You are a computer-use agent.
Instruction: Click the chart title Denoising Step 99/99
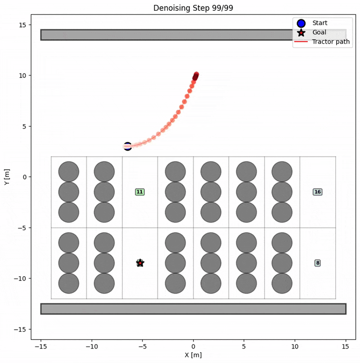point(193,8)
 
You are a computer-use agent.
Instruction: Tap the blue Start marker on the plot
point(128,146)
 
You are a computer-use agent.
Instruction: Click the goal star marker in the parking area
point(140,263)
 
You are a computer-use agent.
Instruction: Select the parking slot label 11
point(139,192)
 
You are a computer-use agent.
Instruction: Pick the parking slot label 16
point(318,192)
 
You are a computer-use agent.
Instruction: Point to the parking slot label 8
point(318,263)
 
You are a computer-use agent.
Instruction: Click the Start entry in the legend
point(319,23)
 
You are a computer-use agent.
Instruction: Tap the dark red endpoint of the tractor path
point(196,76)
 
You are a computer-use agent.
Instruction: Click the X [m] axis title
point(193,355)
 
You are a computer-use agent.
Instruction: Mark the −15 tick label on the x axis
point(40,346)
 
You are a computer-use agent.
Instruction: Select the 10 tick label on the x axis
point(295,346)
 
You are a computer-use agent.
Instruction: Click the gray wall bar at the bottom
point(193,309)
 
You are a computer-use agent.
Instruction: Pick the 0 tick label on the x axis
point(193,346)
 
